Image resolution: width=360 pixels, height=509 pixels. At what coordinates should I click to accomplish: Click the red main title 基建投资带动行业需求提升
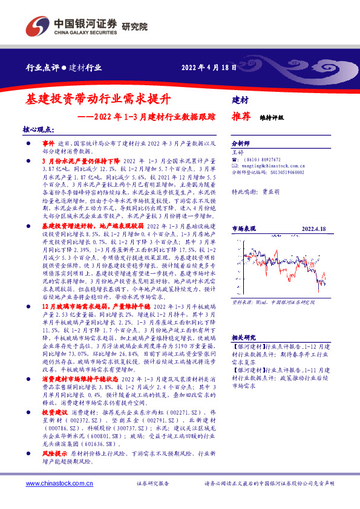coord(100,99)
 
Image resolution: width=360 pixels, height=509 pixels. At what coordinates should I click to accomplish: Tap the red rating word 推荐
coord(241,117)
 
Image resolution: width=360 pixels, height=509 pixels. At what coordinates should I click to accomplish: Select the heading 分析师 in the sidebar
coord(241,144)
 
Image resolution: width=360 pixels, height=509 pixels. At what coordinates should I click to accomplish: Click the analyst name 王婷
coord(237,153)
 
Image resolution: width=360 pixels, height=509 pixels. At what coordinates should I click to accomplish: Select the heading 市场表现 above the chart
coord(244,229)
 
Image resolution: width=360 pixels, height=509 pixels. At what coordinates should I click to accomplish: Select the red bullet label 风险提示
coord(54,453)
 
